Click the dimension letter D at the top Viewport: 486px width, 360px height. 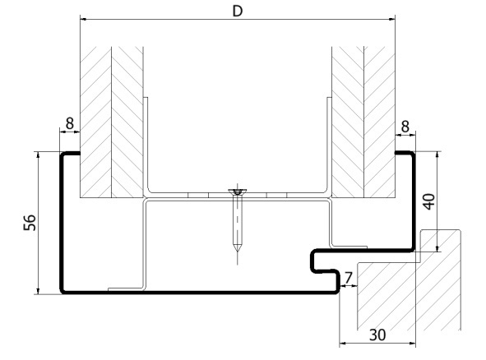[x=238, y=12]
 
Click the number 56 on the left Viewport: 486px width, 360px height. [x=30, y=223]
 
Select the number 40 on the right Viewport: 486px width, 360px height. [x=429, y=201]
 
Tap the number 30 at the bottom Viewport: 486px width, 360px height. [x=377, y=335]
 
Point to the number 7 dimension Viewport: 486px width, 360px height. [x=349, y=278]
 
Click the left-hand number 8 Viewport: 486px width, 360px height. [x=70, y=123]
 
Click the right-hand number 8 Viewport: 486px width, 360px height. [x=405, y=126]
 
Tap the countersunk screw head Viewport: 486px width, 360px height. [x=238, y=192]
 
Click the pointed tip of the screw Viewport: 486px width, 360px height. [x=238, y=251]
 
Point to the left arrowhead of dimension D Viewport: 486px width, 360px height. [x=83, y=19]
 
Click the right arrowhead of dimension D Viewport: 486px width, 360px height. [x=392, y=19]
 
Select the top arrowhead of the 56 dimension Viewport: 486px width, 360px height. [x=38, y=155]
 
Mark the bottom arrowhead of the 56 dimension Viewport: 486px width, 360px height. [x=38, y=291]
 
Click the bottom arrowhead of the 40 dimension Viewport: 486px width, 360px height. [x=437, y=248]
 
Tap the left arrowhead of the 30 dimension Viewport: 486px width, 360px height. [x=343, y=343]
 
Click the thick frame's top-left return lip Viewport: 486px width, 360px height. [x=71, y=153]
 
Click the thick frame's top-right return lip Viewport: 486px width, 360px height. [x=405, y=152]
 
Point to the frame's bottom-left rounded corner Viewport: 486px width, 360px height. [x=63, y=291]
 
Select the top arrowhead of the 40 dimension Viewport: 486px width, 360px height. [x=437, y=155]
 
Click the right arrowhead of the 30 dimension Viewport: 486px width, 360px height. [x=412, y=343]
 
